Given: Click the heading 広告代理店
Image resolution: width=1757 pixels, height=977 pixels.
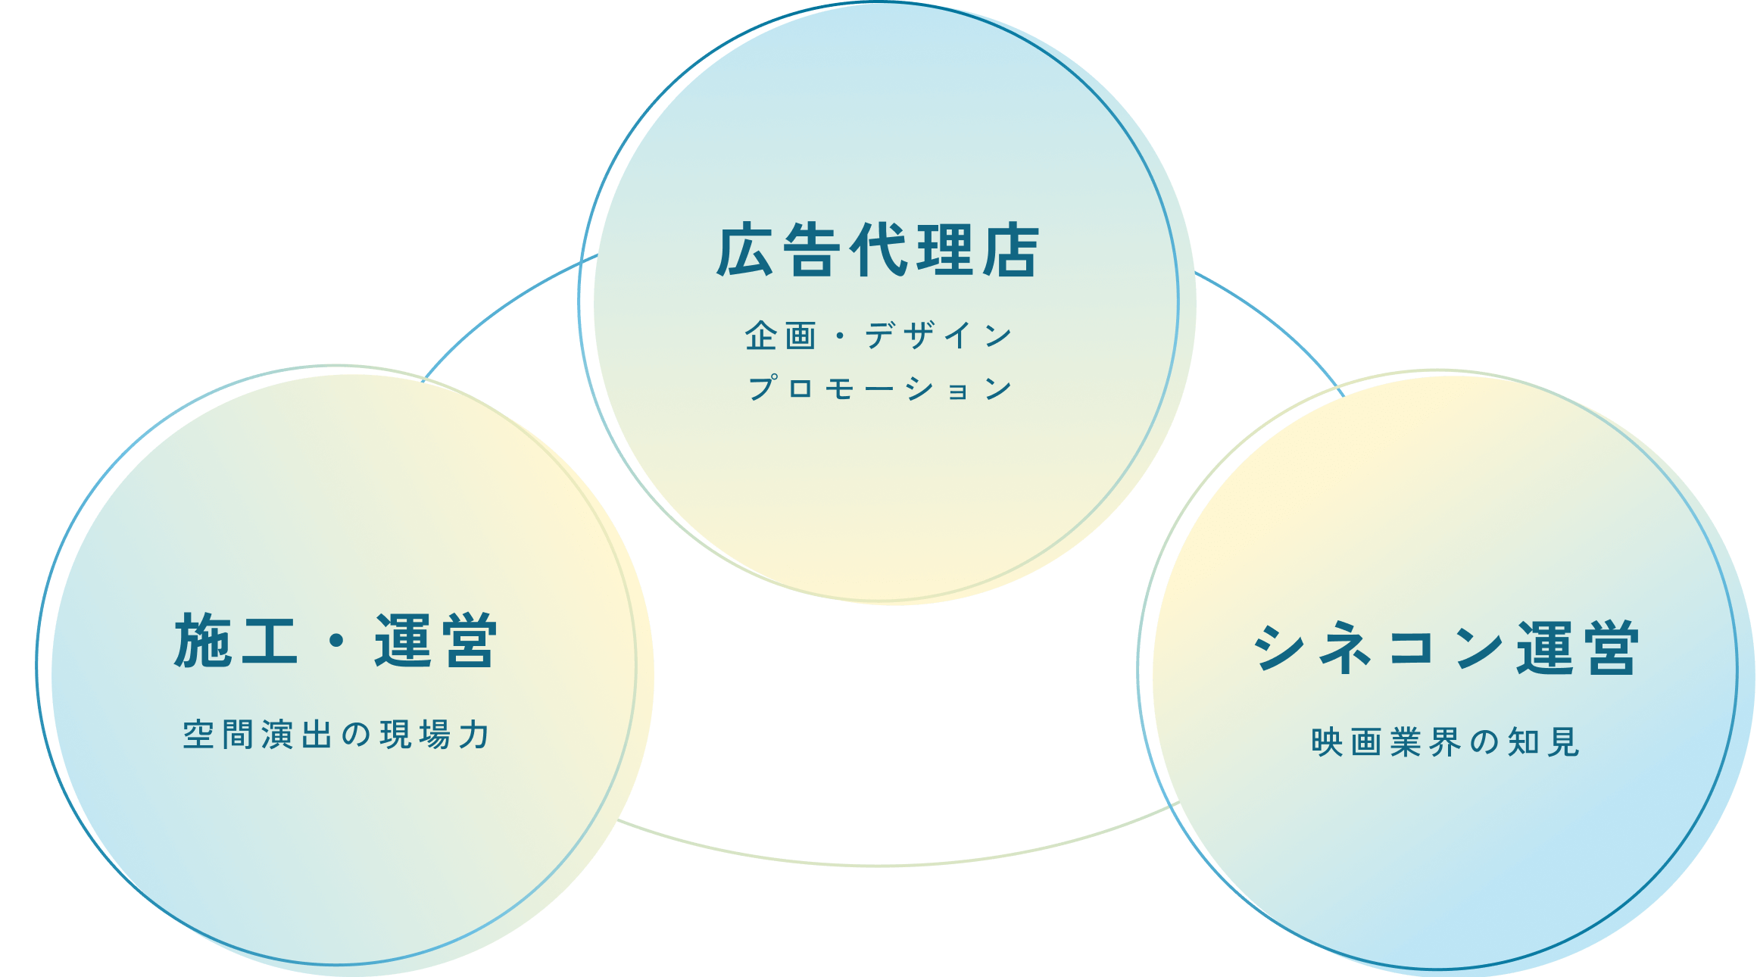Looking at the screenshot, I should (878, 251).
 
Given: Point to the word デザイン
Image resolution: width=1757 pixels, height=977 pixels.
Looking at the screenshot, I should (939, 336).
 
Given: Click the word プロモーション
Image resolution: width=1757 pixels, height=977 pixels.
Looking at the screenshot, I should (880, 389).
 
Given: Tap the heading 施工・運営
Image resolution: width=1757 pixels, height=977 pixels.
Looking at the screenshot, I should (335, 641).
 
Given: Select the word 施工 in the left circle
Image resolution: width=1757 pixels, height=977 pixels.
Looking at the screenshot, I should (235, 641).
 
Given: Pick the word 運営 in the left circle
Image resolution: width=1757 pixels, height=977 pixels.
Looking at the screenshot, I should (436, 641).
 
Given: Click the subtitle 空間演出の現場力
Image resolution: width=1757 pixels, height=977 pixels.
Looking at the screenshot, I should (335, 735).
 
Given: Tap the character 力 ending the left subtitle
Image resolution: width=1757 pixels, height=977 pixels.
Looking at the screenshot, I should (475, 735).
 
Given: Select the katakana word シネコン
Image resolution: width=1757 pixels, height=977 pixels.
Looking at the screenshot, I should (1378, 648).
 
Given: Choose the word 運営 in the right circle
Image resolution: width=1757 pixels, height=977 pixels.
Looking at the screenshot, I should (1578, 648).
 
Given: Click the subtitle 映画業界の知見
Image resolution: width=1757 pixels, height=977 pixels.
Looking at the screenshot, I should (1445, 742).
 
